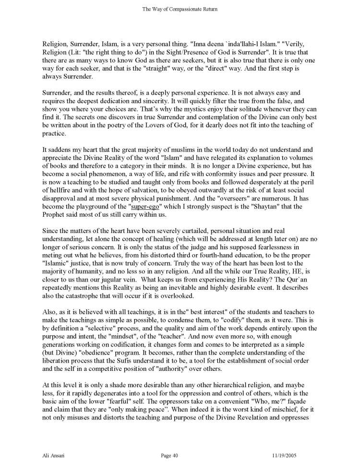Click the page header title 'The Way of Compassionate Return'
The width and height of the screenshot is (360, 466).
tap(180, 8)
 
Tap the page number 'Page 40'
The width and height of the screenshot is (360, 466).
tap(169, 454)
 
